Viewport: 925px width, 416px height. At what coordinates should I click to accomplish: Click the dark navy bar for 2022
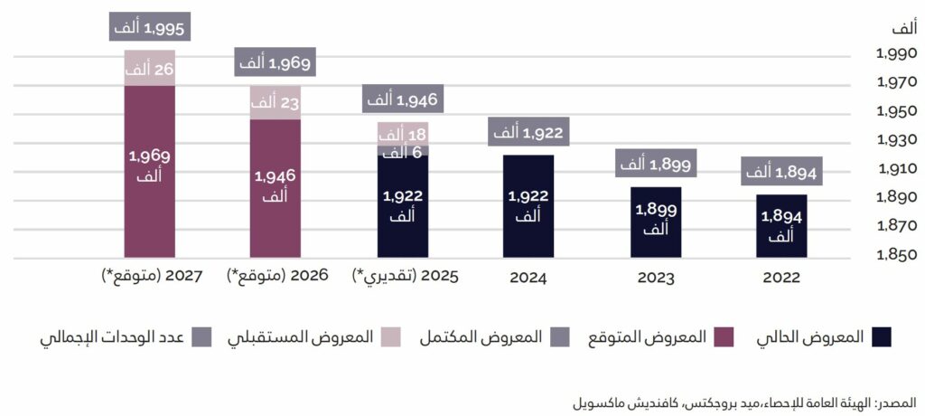[781, 226]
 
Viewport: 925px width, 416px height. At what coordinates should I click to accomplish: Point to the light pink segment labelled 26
[149, 68]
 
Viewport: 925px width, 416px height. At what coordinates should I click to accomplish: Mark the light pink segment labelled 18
[402, 134]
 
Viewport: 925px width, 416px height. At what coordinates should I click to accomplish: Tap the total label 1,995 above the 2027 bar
[149, 28]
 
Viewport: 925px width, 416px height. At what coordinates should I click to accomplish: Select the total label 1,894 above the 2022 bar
[781, 171]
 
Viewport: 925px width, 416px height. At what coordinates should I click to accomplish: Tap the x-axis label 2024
[528, 277]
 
